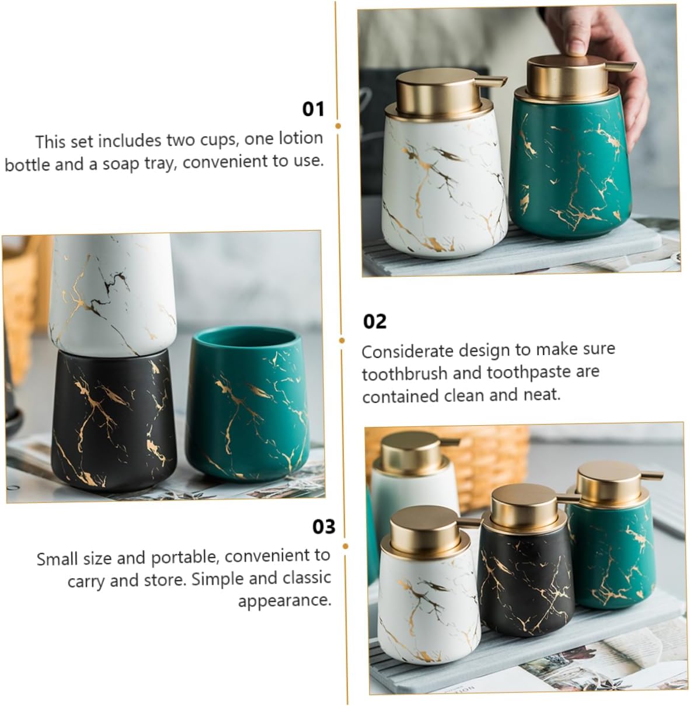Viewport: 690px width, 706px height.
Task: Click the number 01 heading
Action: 313,109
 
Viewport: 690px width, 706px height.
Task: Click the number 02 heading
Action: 375,321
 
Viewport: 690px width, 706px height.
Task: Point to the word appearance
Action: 285,601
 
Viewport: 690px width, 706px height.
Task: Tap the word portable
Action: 185,557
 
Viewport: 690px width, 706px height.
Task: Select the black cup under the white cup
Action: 113,421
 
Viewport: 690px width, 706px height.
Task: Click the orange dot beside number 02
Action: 341,340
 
